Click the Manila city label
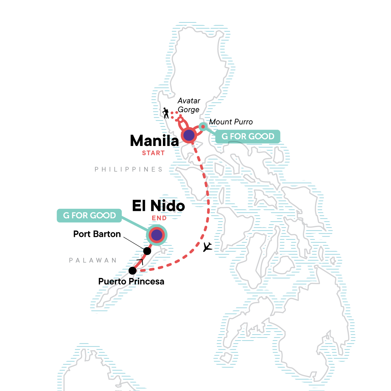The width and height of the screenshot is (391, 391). [x=154, y=141]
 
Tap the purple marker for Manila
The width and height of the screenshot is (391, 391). [x=189, y=135]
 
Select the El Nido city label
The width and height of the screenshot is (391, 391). [x=158, y=206]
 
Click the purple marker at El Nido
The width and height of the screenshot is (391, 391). [x=157, y=235]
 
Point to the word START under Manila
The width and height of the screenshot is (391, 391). [x=153, y=153]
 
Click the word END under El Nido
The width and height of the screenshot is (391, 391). [x=159, y=218]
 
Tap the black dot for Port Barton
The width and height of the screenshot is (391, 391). [x=147, y=251]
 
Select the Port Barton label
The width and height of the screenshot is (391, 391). [x=97, y=234]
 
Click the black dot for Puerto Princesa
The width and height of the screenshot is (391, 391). [x=133, y=270]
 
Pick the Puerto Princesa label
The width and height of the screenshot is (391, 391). [x=131, y=281]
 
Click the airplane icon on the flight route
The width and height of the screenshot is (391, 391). [x=207, y=247]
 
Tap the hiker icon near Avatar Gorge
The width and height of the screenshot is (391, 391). [x=166, y=113]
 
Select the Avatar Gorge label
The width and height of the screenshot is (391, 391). [x=189, y=105]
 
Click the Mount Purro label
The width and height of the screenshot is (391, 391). [x=231, y=122]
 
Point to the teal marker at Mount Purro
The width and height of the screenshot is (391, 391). [x=203, y=126]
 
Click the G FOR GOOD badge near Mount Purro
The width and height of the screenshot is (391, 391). [x=248, y=137]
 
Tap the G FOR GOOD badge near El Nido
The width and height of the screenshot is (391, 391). [x=89, y=215]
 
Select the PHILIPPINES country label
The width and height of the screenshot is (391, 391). [x=128, y=169]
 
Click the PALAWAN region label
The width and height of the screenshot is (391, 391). [x=93, y=260]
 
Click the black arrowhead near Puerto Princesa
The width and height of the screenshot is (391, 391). [x=140, y=262]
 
